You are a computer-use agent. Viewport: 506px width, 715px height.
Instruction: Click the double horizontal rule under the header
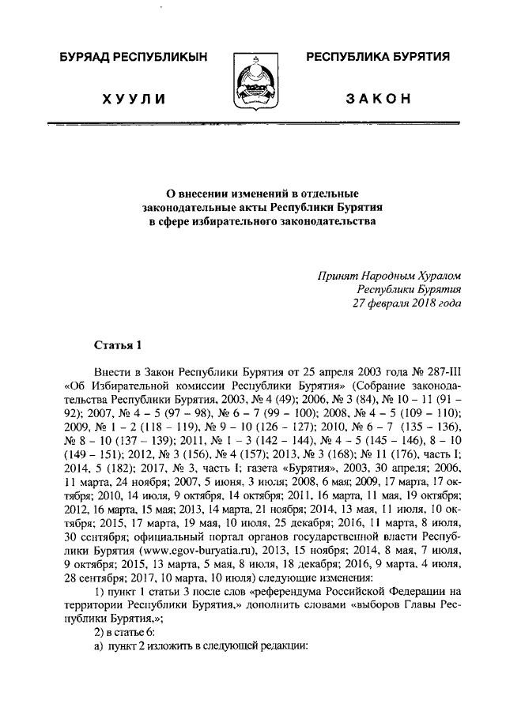pyautogui.click(x=253, y=124)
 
